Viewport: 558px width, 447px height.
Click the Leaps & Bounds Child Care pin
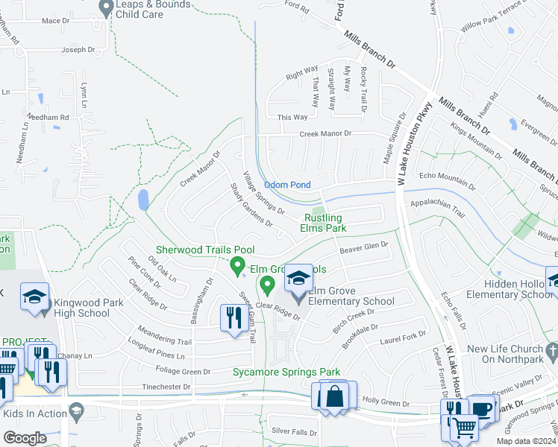pos(106,7)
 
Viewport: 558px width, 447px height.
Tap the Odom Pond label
pos(287,185)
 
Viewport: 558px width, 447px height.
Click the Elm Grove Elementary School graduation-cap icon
pos(298,279)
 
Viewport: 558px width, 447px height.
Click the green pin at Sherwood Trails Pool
pos(238,264)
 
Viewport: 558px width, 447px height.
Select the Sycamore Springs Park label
pos(286,372)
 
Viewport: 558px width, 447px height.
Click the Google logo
pos(25,438)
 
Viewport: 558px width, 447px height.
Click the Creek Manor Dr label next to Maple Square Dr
pos(325,133)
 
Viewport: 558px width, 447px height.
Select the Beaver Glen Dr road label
pos(365,248)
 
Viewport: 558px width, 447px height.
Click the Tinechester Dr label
pos(167,387)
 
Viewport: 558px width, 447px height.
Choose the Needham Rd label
pos(47,117)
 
